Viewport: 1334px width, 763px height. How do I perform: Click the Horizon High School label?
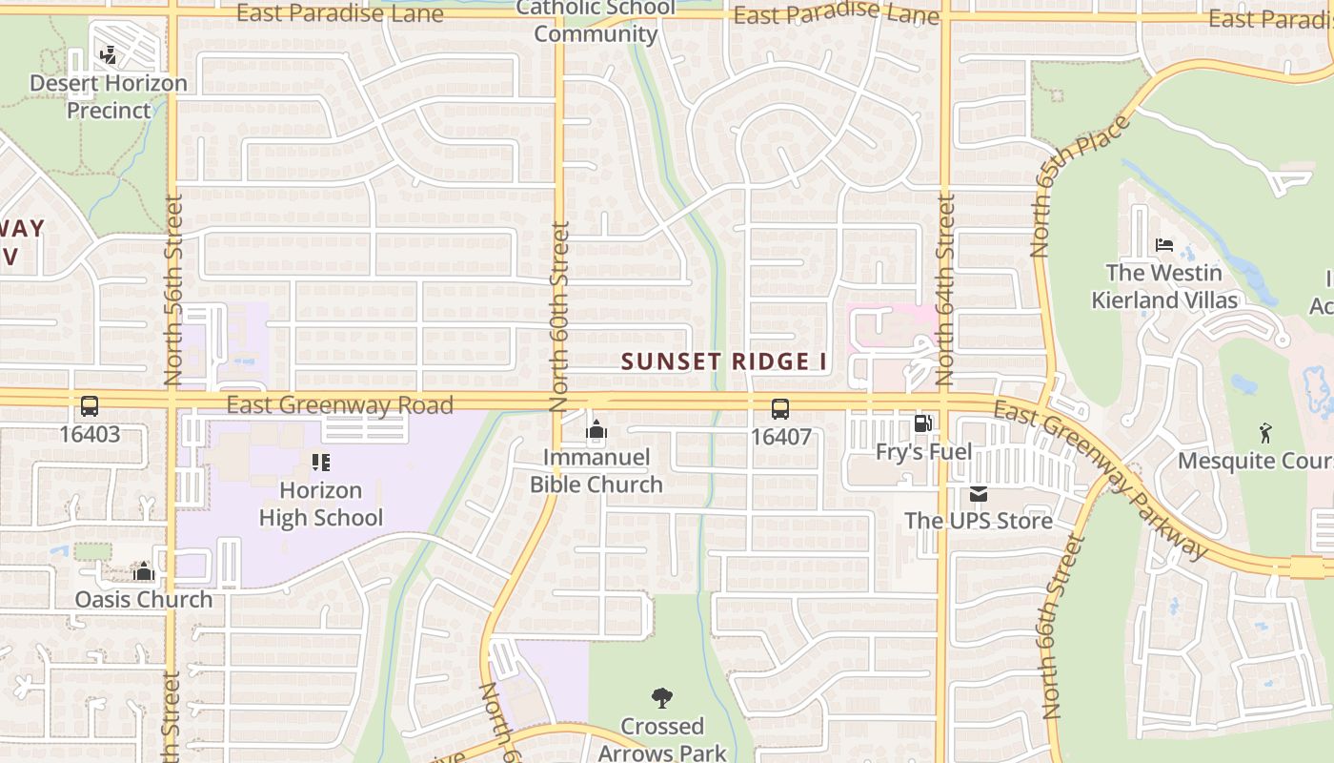point(321,505)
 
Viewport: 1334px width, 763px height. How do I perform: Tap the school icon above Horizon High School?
point(321,464)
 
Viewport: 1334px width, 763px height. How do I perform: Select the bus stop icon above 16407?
point(780,409)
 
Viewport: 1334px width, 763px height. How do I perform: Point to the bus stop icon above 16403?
point(90,406)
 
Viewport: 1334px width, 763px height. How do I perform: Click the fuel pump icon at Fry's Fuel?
point(922,423)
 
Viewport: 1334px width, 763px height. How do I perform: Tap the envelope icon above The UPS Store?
point(979,494)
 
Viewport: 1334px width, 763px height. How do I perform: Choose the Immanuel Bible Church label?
point(596,471)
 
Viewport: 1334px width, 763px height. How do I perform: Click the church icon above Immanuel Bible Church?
point(596,430)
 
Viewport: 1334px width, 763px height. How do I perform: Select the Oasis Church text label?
point(144,600)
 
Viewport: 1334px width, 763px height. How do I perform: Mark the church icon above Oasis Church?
point(144,571)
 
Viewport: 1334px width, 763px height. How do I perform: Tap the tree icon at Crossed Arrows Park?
point(661,698)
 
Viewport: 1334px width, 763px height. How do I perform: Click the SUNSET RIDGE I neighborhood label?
point(724,362)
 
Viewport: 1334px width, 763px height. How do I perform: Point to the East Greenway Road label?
point(340,405)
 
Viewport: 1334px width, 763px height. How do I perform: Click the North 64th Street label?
point(945,289)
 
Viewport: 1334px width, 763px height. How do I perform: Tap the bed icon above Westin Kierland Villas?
point(1164,245)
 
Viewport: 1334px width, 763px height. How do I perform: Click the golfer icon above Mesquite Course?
point(1265,433)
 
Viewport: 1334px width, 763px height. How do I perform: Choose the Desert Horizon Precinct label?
point(109,96)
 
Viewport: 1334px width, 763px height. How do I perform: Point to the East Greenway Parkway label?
point(1101,477)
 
